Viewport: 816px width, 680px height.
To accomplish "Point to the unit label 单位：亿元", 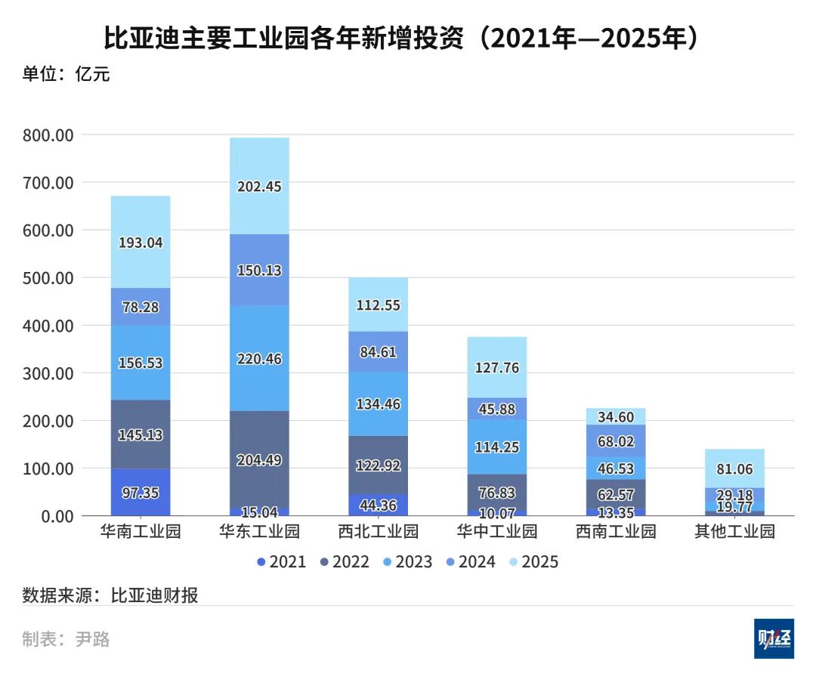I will pyautogui.click(x=66, y=74).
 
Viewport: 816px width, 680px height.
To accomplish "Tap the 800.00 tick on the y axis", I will pyautogui.click(x=49, y=135).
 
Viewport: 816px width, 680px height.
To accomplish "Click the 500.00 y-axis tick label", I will pyautogui.click(x=49, y=278).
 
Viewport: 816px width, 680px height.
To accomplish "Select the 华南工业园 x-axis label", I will pyautogui.click(x=141, y=531).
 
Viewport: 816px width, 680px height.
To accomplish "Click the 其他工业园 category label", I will pyautogui.click(x=735, y=531).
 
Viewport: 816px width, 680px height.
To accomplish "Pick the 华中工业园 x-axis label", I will pyautogui.click(x=497, y=531).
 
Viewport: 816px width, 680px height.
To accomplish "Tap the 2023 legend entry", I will pyautogui.click(x=407, y=561).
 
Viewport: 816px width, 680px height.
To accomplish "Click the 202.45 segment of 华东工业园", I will pyautogui.click(x=259, y=186).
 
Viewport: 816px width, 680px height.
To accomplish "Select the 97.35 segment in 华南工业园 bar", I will pyautogui.click(x=141, y=492).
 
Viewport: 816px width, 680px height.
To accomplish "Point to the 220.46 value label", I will pyautogui.click(x=259, y=359).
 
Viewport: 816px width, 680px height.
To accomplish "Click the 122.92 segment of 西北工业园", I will pyautogui.click(x=379, y=465).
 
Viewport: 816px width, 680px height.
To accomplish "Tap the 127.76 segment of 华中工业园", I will pyautogui.click(x=497, y=368).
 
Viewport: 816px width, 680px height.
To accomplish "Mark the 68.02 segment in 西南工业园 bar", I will pyautogui.click(x=617, y=440).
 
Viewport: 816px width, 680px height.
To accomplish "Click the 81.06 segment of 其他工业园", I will pyautogui.click(x=735, y=468).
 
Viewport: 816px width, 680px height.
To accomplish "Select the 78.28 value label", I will pyautogui.click(x=141, y=307).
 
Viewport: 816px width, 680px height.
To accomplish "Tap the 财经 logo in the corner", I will pyautogui.click(x=774, y=639).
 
